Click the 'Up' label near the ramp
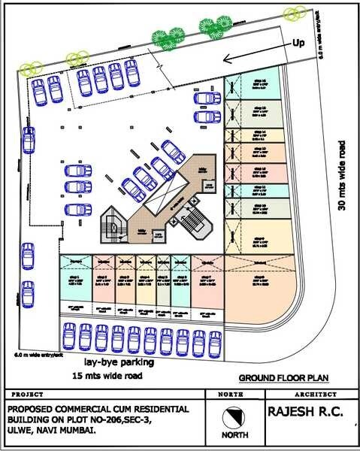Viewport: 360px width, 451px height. pyautogui.click(x=298, y=44)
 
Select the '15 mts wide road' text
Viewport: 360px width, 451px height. pyautogui.click(x=106, y=374)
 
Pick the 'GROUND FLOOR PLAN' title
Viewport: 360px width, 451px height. pyautogui.click(x=283, y=378)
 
